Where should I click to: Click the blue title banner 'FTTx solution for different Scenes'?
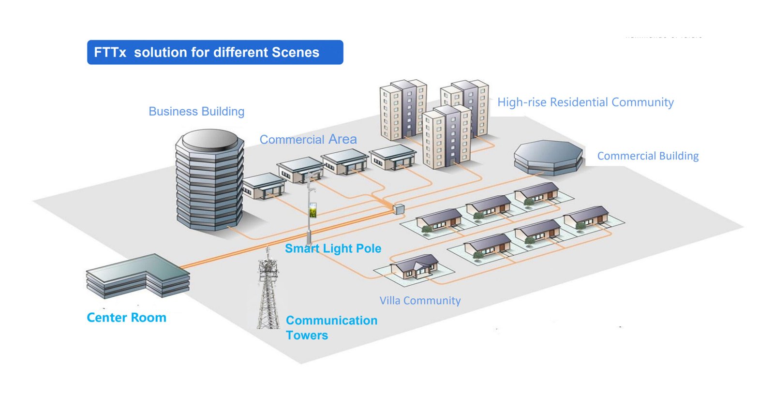point(215,52)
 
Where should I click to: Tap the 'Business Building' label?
point(196,112)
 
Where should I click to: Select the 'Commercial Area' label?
point(308,140)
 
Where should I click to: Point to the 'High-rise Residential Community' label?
point(585,102)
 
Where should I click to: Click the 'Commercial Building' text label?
point(648,156)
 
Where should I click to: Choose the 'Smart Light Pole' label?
point(333,248)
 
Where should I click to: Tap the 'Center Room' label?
point(126,318)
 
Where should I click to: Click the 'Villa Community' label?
point(420,301)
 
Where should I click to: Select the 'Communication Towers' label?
point(331,328)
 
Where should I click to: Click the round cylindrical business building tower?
point(209,184)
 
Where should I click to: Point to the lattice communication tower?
point(268,290)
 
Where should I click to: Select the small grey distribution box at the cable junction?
point(399,209)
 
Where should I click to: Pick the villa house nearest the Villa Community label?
point(415,266)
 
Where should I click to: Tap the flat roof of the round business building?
point(209,139)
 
